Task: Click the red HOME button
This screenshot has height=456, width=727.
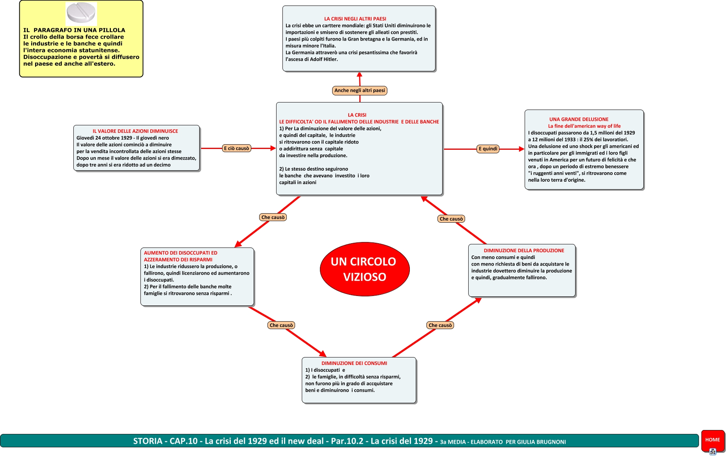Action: (712, 440)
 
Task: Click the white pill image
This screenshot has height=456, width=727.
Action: (81, 13)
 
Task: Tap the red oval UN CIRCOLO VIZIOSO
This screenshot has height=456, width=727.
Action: (364, 269)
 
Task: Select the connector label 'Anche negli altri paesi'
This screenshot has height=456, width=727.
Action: (359, 91)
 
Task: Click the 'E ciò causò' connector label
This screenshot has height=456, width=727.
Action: (237, 149)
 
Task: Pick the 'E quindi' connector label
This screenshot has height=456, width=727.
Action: (488, 149)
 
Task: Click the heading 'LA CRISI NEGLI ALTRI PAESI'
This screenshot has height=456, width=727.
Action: (355, 19)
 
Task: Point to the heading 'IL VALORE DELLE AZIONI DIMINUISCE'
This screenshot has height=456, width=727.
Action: (135, 131)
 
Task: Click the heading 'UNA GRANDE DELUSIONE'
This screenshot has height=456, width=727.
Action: (579, 119)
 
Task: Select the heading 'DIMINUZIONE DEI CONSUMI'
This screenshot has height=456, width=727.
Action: (354, 363)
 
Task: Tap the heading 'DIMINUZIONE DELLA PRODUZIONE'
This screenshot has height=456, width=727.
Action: (524, 251)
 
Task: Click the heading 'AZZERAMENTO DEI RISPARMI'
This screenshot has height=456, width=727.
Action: (178, 260)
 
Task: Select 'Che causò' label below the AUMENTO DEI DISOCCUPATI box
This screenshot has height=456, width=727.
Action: (281, 326)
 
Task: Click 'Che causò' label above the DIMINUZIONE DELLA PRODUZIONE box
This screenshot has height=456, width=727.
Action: (451, 219)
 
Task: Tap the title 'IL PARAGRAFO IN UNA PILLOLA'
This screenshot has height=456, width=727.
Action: (74, 30)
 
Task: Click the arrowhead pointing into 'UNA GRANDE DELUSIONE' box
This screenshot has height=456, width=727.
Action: (521, 149)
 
